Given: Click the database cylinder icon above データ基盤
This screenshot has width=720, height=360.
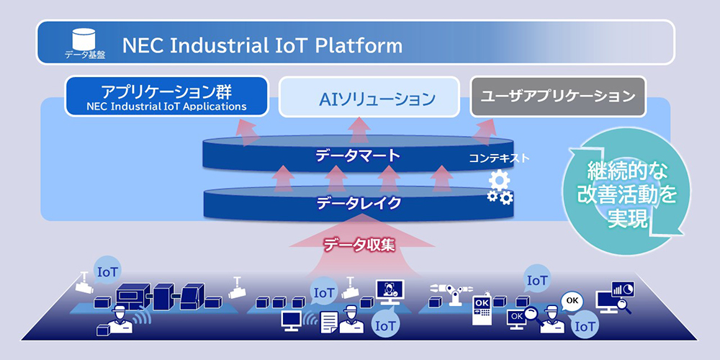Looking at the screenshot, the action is tap(86, 39).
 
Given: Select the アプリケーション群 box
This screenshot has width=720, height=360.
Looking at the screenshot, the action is tap(166, 96).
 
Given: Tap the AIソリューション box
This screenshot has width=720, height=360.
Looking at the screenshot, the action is tap(369, 97).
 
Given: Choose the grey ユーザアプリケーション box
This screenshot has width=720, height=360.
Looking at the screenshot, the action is tap(558, 96).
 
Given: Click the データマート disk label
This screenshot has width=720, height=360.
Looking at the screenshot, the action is tap(358, 156).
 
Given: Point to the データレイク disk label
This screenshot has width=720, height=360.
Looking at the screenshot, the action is tap(359, 202).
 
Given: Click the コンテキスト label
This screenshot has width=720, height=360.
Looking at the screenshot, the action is tap(499, 158).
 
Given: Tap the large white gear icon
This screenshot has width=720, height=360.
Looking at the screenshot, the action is tap(499, 179).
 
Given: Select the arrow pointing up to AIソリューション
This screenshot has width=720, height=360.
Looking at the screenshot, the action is tap(359, 130).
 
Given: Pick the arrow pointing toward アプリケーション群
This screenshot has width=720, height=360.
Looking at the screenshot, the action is tap(247, 132).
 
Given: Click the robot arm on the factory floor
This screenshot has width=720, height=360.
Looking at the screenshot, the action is tap(453, 294).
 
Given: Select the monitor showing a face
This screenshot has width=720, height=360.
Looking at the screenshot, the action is tap(389, 292).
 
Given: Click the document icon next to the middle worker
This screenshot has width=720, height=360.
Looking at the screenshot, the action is tap(329, 323).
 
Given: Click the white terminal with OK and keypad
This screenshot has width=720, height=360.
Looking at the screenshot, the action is tap(482, 309).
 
